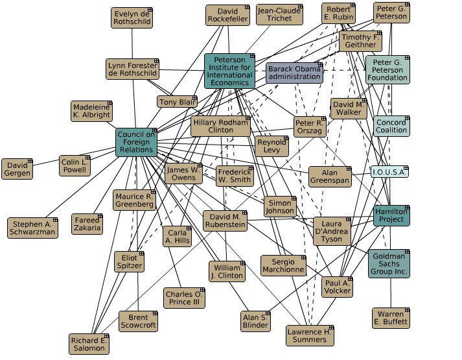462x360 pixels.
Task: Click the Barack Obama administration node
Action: [294, 73]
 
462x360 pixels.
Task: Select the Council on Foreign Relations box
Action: [136, 142]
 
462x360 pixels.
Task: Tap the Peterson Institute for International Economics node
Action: [229, 71]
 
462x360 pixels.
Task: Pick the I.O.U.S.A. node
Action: [389, 172]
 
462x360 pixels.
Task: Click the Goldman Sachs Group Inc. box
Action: [389, 263]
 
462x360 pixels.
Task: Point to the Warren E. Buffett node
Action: [391, 318]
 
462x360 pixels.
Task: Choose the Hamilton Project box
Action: [391, 215]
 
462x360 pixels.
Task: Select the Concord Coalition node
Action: [391, 126]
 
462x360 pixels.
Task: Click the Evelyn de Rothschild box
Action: [132, 18]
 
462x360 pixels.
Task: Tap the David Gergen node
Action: [18, 169]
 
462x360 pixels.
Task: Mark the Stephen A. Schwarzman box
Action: [33, 228]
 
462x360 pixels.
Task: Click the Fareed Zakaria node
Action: [87, 224]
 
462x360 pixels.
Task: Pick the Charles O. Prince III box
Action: [184, 298]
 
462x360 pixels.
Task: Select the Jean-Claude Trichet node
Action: [279, 15]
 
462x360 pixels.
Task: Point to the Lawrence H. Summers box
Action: [310, 335]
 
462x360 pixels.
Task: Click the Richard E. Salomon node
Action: [89, 344]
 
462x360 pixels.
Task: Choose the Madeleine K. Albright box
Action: [91, 111]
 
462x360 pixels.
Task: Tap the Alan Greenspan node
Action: [329, 176]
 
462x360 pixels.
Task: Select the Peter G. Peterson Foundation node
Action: [387, 69]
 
